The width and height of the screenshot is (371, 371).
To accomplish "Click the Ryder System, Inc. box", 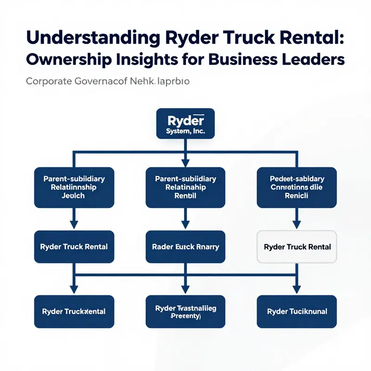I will click(x=185, y=123).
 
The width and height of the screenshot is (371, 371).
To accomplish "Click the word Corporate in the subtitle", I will click(x=49, y=82).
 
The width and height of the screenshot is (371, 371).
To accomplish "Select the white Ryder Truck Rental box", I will click(x=297, y=247).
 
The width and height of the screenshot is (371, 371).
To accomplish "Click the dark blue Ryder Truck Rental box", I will click(x=74, y=247).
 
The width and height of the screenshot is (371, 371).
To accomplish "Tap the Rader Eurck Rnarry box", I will click(x=185, y=247).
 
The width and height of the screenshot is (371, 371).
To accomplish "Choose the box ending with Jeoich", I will click(x=74, y=187).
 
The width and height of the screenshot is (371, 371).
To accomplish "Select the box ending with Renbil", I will click(x=185, y=187).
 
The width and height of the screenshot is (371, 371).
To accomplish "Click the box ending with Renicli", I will click(x=297, y=187).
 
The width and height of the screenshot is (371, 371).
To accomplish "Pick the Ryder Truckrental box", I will click(x=74, y=311).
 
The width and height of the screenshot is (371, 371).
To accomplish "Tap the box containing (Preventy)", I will click(x=185, y=311).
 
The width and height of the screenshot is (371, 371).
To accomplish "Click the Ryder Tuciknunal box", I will click(x=297, y=311).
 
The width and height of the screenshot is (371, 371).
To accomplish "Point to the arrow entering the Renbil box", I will click(x=185, y=162).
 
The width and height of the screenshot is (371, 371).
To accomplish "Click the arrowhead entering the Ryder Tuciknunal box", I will click(x=297, y=290).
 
